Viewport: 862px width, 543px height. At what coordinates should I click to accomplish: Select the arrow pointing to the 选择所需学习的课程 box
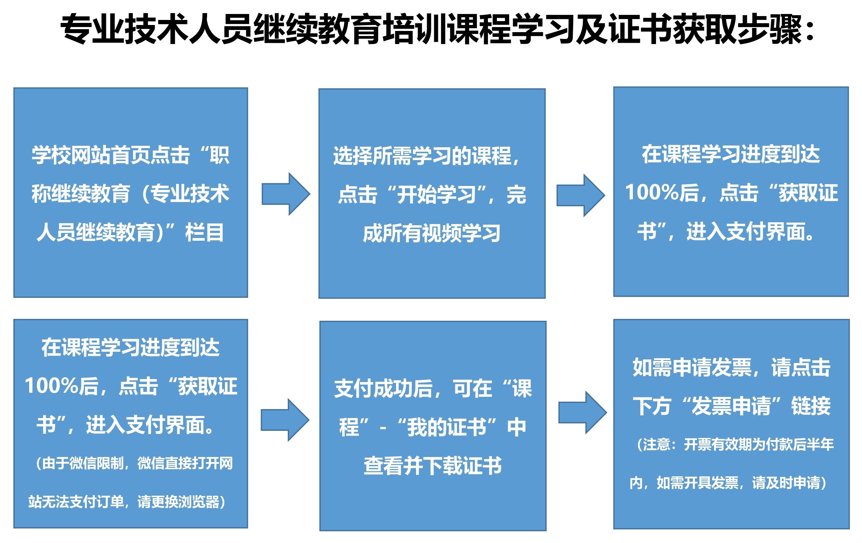286,194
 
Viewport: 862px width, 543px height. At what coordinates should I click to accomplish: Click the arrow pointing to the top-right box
581,195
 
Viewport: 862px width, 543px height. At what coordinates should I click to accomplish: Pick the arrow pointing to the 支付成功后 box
285,420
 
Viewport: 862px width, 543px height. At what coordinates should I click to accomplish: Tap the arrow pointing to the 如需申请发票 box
583,413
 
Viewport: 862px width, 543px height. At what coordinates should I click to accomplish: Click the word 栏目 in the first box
205,232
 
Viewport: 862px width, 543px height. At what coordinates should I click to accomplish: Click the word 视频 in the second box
442,233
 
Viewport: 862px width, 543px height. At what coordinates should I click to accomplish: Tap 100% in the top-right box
652,192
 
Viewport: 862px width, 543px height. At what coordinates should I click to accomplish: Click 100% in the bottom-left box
51,386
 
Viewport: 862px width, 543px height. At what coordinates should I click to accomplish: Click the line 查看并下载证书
432,466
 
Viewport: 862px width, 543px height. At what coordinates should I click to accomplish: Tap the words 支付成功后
383,388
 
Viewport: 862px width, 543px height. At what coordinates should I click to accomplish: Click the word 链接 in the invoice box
811,406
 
